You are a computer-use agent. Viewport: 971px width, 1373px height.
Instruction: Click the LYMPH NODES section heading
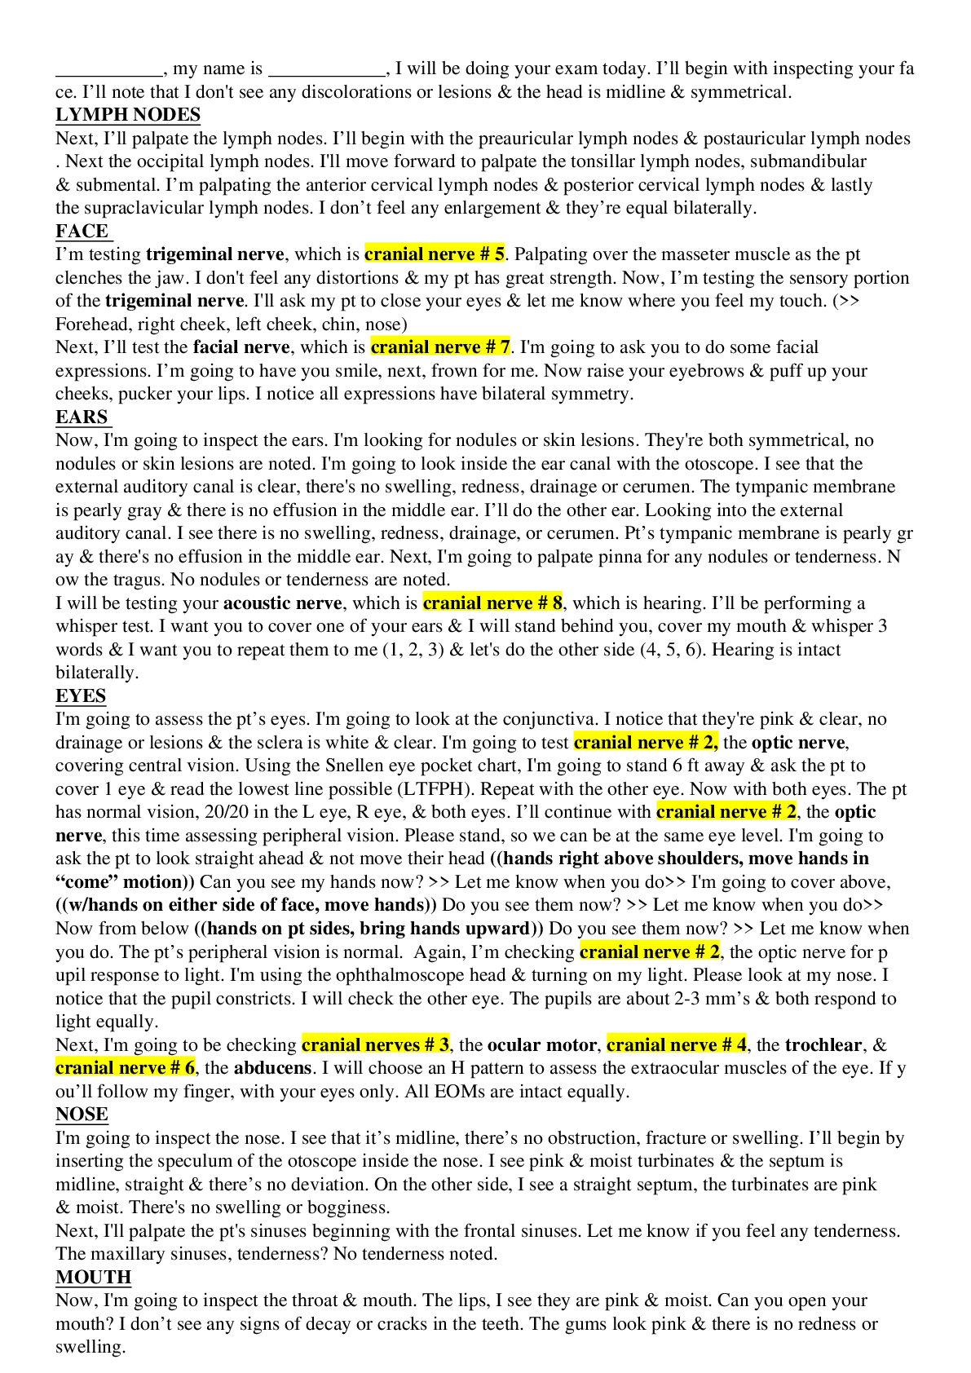point(128,115)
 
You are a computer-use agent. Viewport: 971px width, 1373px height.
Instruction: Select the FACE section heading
point(82,232)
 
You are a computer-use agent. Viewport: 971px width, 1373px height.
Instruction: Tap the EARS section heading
point(82,417)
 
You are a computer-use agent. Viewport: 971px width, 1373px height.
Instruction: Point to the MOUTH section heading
point(93,1278)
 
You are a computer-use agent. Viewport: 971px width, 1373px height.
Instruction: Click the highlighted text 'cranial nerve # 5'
point(435,254)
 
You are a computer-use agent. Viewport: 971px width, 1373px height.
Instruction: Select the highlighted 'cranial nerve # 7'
point(440,347)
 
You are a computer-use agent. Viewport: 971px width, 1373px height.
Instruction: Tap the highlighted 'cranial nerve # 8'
point(492,603)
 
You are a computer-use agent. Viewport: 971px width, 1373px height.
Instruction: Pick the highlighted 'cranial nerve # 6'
point(126,1068)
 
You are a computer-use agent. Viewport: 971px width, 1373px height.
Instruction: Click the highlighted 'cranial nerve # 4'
point(677,1045)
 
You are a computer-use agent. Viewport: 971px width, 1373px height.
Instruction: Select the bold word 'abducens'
point(272,1068)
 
